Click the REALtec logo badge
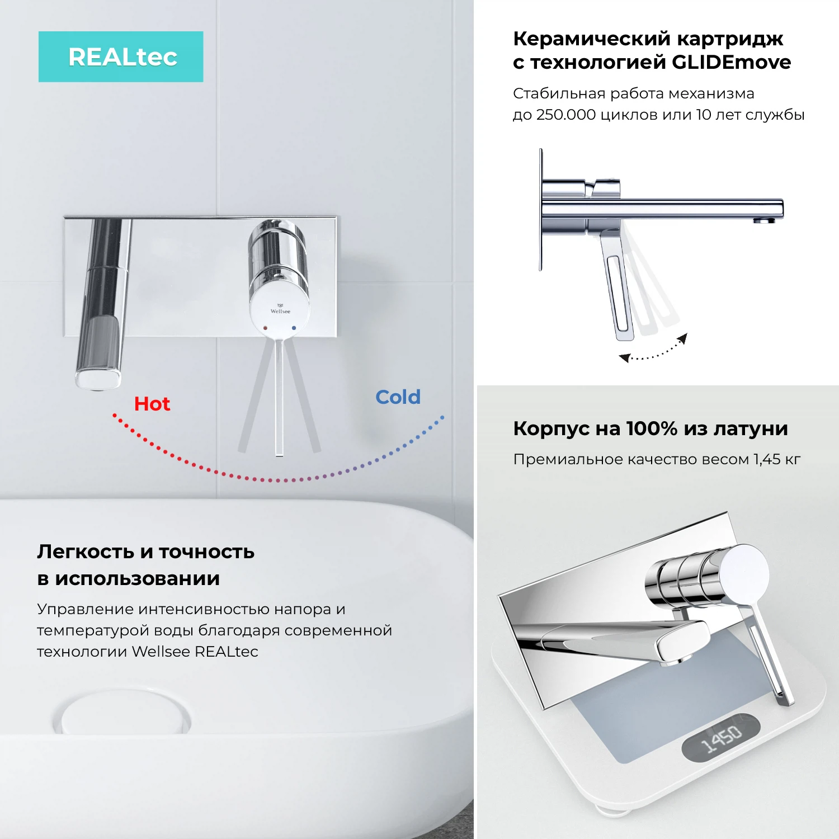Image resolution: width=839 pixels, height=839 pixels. point(121,57)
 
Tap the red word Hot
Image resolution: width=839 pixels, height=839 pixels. point(152,404)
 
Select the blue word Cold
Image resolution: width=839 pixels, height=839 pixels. point(398,397)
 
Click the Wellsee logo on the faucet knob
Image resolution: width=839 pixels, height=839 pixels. point(280,309)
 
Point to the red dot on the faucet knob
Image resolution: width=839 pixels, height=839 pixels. point(265,328)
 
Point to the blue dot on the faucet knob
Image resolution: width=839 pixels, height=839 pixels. point(294,328)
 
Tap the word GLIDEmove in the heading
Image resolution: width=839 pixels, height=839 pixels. point(731,62)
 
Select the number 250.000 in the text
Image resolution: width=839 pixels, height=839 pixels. point(565,115)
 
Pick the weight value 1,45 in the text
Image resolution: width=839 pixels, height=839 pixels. point(767,459)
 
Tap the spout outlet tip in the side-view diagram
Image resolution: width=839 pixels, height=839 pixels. point(763,221)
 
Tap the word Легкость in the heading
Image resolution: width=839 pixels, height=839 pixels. point(86,552)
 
